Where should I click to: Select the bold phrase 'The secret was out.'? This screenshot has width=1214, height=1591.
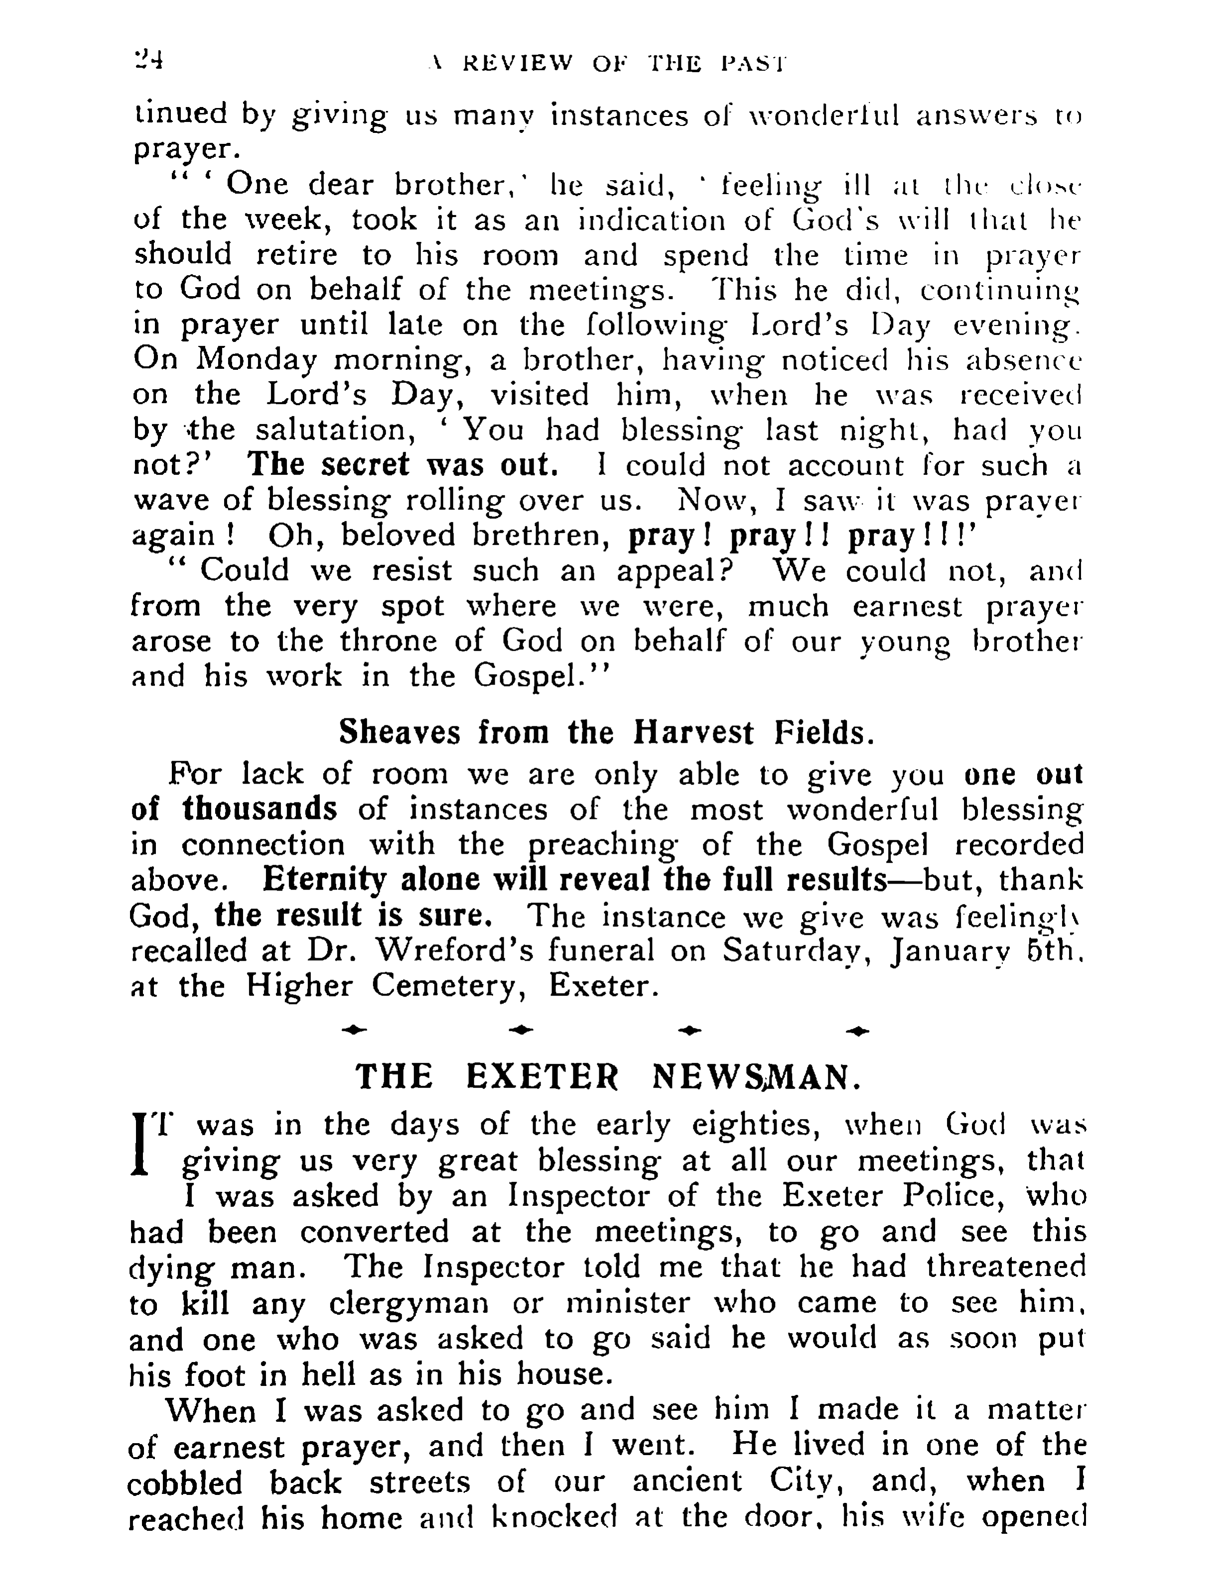click(403, 464)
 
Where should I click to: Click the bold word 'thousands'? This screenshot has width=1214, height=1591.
click(260, 809)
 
